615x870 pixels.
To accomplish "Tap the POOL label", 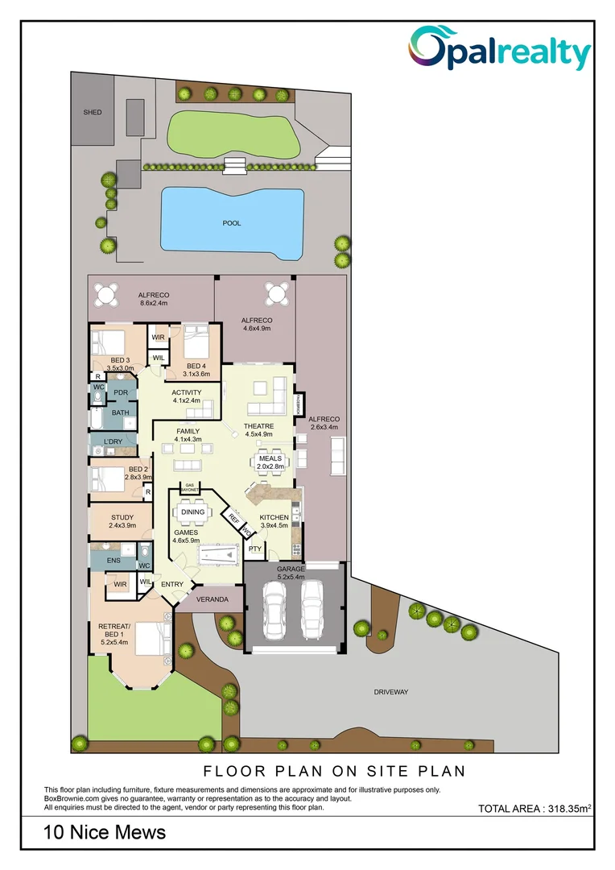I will [232, 223].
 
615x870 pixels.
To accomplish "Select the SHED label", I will [93, 112].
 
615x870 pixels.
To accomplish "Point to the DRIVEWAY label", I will [391, 692].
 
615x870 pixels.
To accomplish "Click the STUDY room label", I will [122, 518].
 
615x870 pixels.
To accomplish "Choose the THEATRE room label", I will [259, 426].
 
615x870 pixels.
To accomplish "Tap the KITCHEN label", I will [274, 517].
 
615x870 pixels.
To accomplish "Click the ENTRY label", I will [172, 585].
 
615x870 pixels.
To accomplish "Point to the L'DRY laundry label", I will [113, 441].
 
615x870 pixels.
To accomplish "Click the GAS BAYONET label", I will [184, 487].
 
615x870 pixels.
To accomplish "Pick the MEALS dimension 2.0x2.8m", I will [271, 467].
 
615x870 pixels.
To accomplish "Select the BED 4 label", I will [196, 366].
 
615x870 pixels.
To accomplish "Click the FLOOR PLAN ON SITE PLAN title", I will [334, 771].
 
